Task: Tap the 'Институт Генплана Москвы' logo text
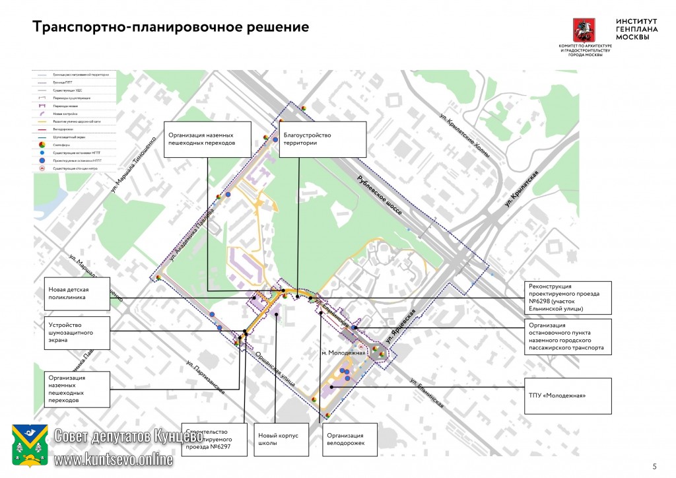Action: click(632, 29)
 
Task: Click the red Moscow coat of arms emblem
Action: click(584, 30)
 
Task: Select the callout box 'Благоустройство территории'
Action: click(323, 139)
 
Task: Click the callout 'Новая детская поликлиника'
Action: click(77, 294)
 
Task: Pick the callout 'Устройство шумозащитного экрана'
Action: click(77, 334)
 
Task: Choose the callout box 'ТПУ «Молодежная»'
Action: click(566, 395)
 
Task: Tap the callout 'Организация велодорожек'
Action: click(351, 439)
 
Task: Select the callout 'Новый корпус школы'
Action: click(281, 439)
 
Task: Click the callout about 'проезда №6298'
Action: click(566, 298)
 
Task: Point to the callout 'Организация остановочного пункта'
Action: click(566, 336)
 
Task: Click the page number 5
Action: click(654, 465)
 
